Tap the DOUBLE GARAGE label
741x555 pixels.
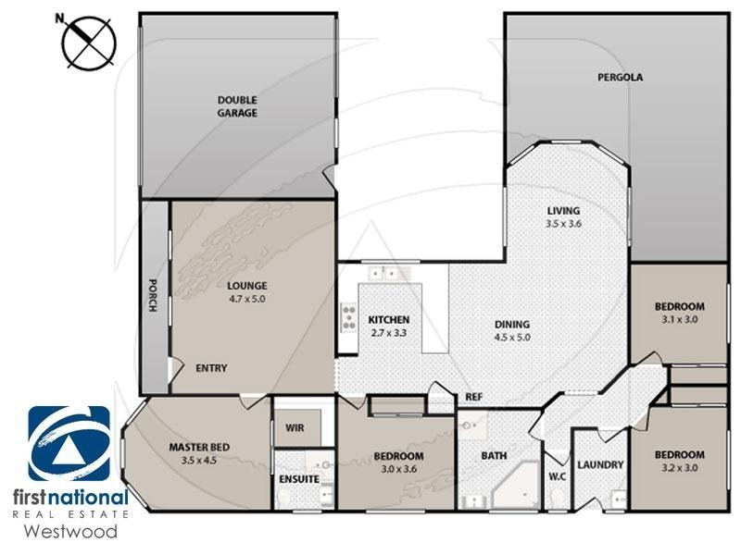(237, 106)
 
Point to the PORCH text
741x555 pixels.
(153, 297)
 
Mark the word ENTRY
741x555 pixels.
(211, 368)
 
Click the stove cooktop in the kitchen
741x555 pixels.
(349, 318)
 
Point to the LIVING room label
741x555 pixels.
(563, 211)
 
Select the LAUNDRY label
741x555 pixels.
(600, 465)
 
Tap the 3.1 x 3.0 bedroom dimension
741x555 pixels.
(679, 319)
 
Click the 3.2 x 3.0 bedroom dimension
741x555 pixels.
(679, 468)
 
